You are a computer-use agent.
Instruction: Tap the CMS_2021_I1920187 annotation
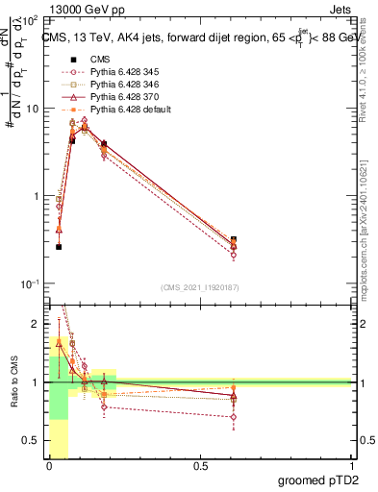[x=200, y=286]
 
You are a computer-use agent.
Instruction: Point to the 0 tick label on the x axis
[x=49, y=466]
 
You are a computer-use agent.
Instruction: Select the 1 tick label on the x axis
[x=350, y=466]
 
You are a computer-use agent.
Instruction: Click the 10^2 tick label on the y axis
[x=30, y=20]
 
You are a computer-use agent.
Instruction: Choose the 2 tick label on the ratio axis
[x=38, y=323]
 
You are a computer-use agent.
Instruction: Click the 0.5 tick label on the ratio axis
[x=33, y=440]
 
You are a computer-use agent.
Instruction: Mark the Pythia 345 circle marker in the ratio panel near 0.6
[x=235, y=417]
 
